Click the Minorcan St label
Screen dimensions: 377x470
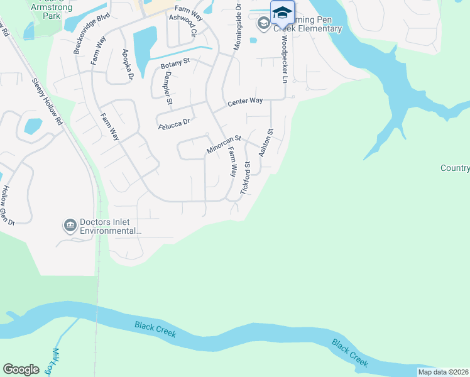tap(224, 145)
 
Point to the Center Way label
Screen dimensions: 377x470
tap(244, 101)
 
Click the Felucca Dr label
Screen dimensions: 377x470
tap(173, 124)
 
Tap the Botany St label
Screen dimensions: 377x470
tap(175, 65)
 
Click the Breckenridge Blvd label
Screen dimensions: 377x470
tap(91, 33)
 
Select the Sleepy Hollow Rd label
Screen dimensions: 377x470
tap(46, 101)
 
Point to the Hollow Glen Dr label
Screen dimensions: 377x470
tap(8, 205)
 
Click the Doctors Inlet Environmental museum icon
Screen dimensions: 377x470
tap(70, 224)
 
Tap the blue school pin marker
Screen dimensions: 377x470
tap(282, 13)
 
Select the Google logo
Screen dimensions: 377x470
tap(21, 369)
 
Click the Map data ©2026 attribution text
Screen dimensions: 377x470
tap(443, 372)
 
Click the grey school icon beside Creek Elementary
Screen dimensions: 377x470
tap(263, 23)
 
